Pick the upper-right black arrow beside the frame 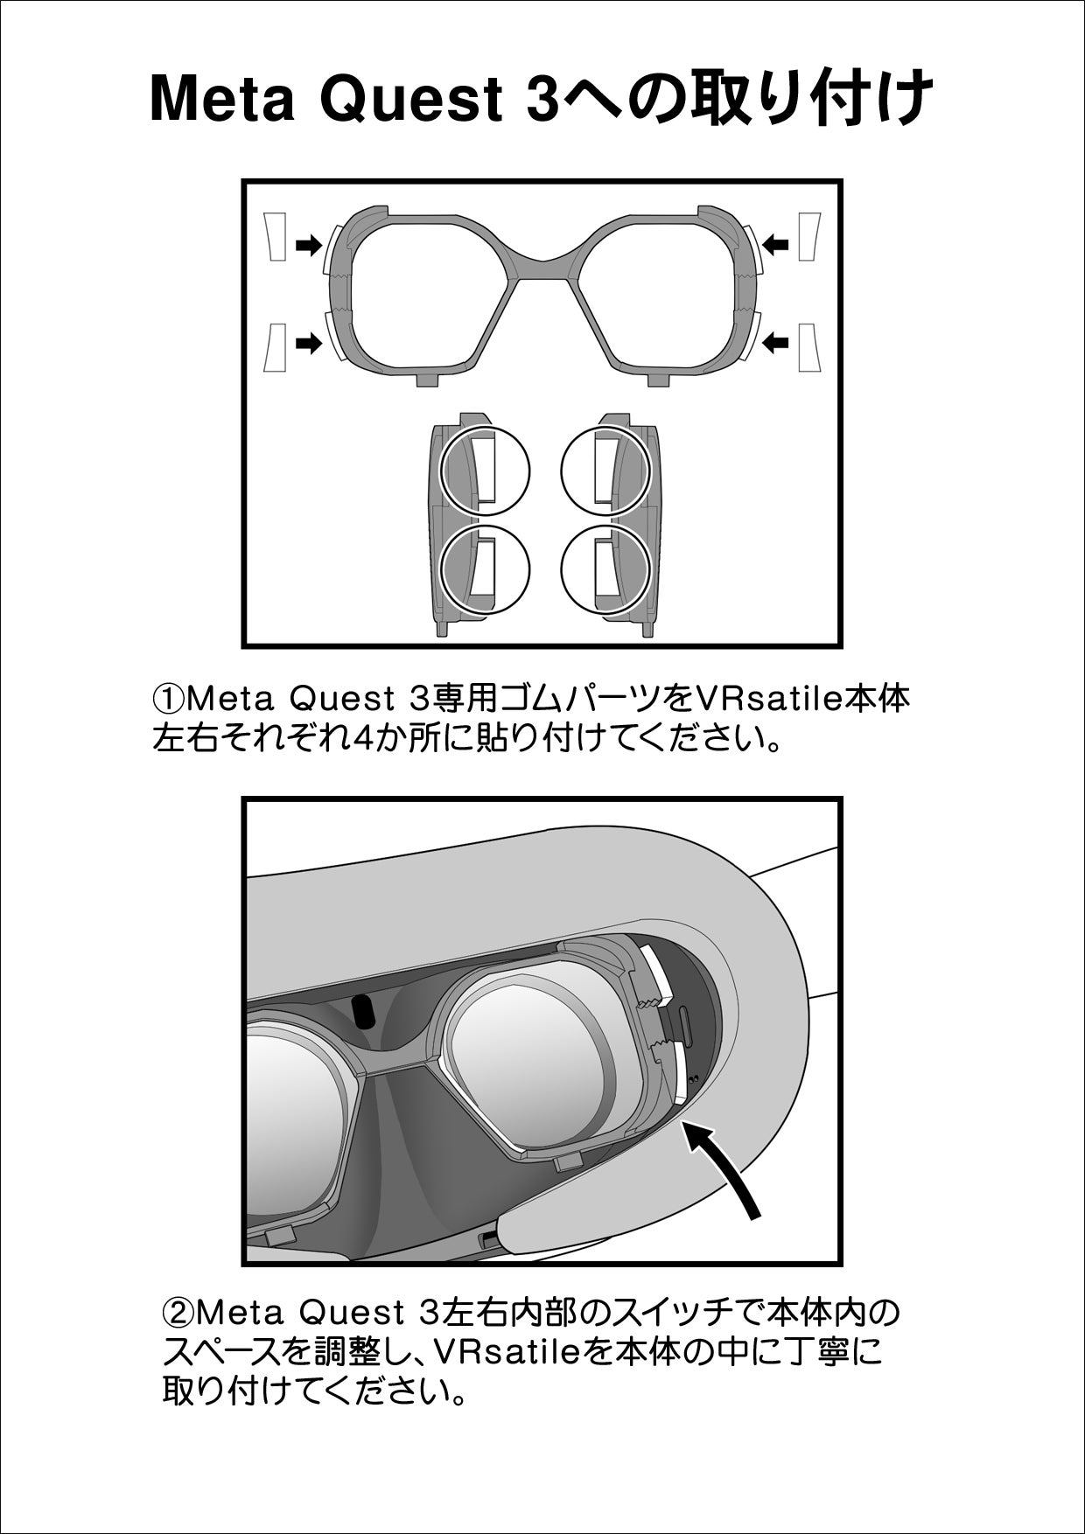[776, 244]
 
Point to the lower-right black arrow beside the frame [776, 343]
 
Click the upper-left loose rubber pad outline [276, 236]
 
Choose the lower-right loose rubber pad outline [808, 346]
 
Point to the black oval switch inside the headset [361, 1011]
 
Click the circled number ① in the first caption [169, 700]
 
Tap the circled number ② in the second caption [178, 1314]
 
